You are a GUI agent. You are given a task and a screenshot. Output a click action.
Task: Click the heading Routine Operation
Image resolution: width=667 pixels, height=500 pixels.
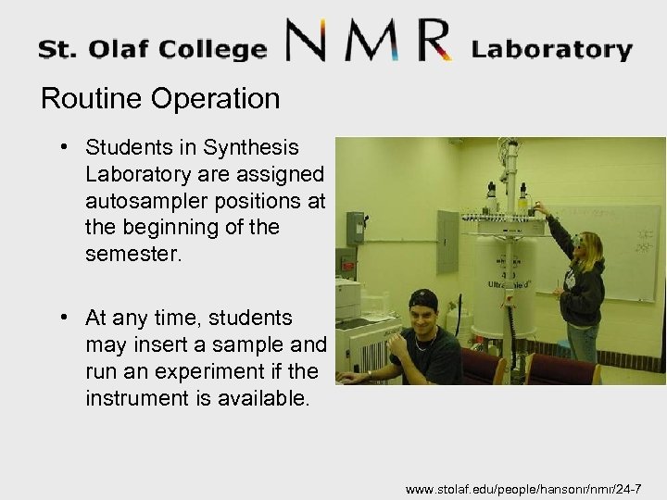click(159, 99)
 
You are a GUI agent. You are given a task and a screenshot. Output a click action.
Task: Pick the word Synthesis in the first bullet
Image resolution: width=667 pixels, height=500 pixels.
click(255, 148)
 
